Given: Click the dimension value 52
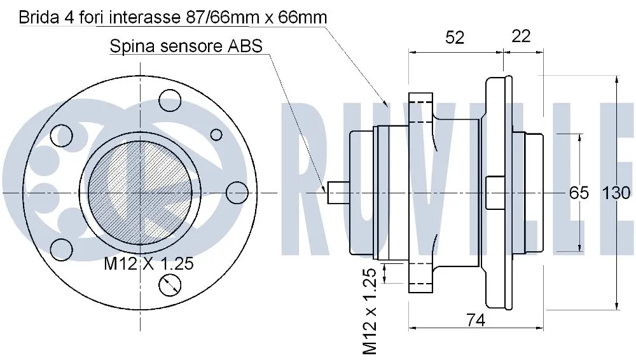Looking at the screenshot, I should (454, 38).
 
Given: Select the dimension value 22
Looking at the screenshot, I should (521, 36).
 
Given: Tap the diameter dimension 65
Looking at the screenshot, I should (579, 192).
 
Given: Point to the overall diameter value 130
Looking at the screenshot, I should (616, 192).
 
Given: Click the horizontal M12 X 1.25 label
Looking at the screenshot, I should (148, 264).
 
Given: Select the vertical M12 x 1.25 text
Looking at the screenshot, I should (372, 310).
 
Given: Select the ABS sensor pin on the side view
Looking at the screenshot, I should (338, 192).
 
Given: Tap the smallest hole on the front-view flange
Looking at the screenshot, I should (216, 134).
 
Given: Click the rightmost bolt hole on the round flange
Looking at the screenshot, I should (237, 193).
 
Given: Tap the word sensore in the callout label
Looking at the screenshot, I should (188, 46).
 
